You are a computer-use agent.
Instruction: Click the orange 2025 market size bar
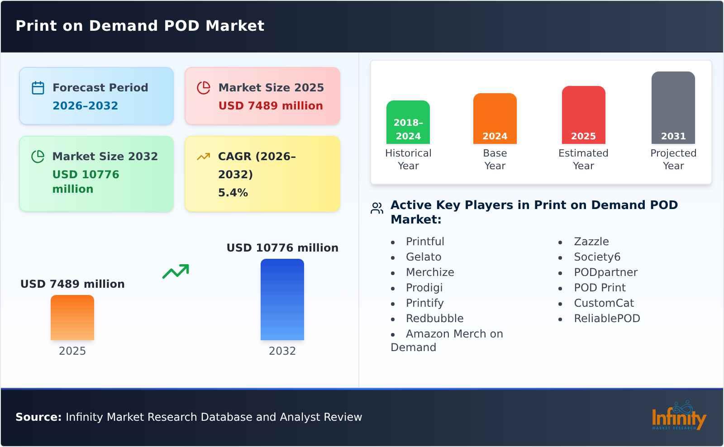pos(72,318)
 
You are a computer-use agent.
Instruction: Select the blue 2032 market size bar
pos(282,300)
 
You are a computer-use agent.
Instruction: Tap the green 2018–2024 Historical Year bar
pos(408,122)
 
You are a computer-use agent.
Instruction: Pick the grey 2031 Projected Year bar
pos(673,108)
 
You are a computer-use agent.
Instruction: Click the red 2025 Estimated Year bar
pos(583,115)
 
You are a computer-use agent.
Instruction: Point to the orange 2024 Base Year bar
pos(495,119)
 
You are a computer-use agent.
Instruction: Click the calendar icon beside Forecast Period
pos(38,88)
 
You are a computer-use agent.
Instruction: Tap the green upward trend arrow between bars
pos(176,271)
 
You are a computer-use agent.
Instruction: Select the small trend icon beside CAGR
pos(203,157)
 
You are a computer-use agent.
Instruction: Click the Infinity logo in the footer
pos(678,416)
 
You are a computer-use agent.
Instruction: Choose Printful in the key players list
pos(425,242)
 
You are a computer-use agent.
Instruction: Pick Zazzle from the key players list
pos(591,242)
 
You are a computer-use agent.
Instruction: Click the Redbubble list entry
pos(434,319)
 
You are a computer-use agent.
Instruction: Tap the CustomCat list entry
pos(604,303)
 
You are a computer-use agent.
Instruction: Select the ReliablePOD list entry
pos(607,319)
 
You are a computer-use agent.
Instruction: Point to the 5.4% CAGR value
pos(233,193)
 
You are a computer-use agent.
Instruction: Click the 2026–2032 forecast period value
pos(85,106)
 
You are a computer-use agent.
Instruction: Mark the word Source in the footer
pos(38,417)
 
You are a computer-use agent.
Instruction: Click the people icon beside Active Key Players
pos(377,208)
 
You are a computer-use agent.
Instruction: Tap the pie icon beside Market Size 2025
pos(204,88)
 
